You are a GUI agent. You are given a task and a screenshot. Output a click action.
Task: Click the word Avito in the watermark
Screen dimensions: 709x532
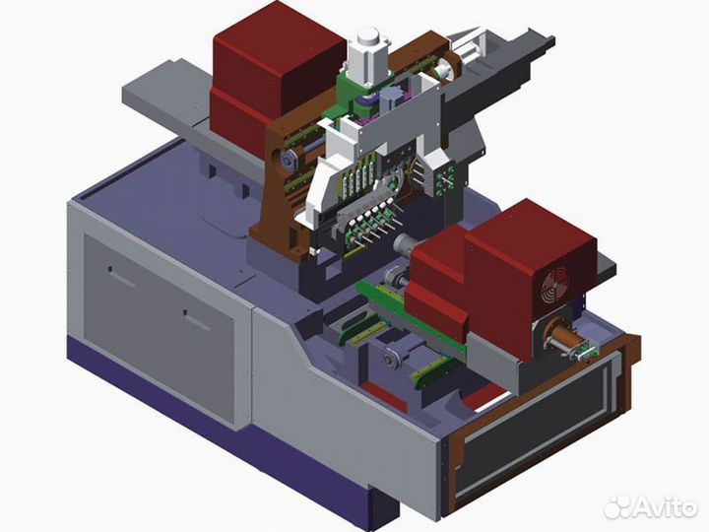pos(665,507)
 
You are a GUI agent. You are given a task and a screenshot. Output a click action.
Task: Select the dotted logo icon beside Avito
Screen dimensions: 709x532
pos(617,506)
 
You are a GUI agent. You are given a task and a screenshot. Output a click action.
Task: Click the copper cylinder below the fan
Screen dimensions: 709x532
pos(559,338)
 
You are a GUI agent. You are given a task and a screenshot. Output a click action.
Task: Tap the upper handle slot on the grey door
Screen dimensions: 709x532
pos(122,278)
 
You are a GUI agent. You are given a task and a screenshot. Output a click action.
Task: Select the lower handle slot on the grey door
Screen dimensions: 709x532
pos(197,320)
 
